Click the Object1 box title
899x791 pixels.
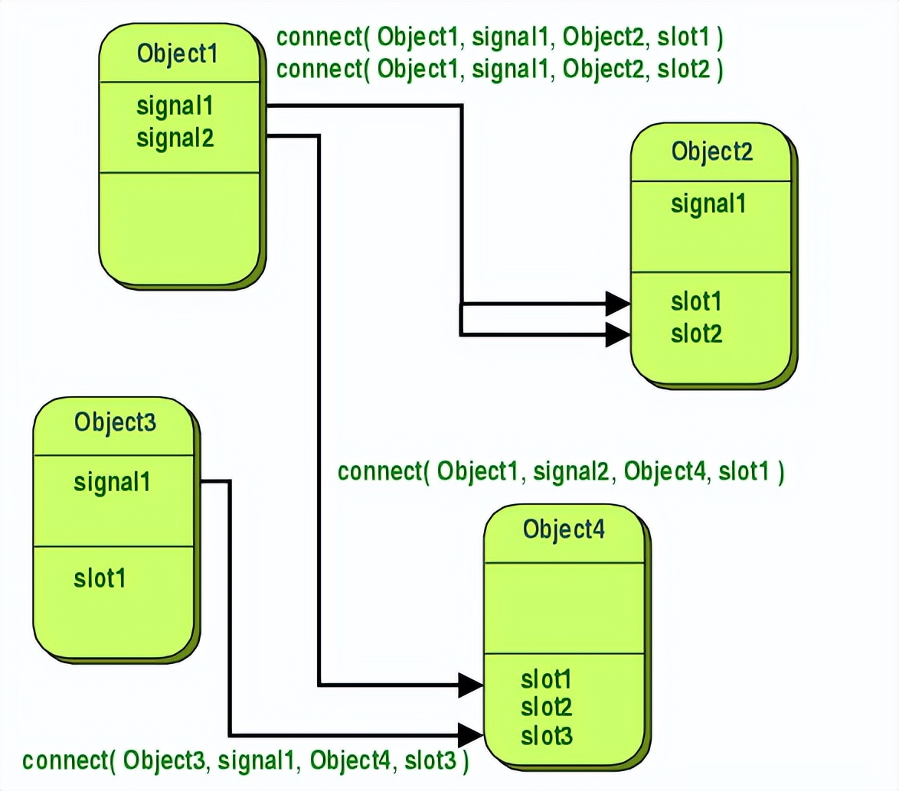[x=177, y=54]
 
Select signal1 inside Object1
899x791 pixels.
[x=175, y=106]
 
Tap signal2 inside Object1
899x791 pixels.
[x=175, y=138]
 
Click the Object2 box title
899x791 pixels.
[x=712, y=151]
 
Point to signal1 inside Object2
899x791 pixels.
[x=708, y=204]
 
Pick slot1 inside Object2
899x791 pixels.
[x=696, y=301]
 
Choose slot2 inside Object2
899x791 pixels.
[x=696, y=334]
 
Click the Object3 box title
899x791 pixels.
[x=115, y=422]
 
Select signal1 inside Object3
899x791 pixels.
[x=112, y=483]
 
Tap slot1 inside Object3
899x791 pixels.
[x=100, y=578]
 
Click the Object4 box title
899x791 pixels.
[x=564, y=529]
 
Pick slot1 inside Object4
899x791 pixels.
[x=546, y=679]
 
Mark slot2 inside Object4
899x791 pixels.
[x=546, y=707]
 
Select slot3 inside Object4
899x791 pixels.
[x=546, y=736]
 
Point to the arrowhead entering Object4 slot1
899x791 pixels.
[x=470, y=684]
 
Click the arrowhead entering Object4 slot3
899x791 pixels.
[x=470, y=734]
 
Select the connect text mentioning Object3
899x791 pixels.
[x=245, y=761]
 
